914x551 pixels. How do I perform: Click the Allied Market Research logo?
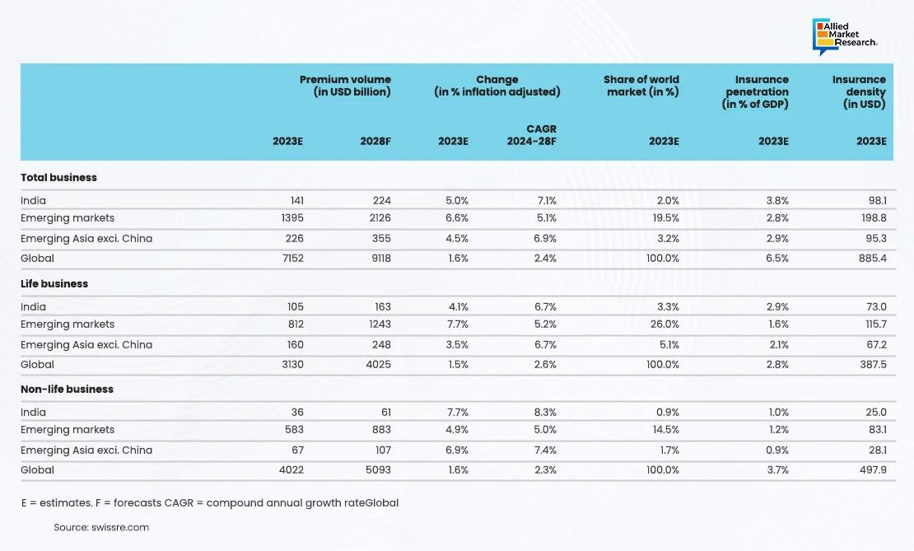coord(844,35)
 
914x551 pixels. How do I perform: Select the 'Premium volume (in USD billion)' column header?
coord(345,86)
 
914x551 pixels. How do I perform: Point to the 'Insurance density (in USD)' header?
coord(859,91)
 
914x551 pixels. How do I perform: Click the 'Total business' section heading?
coord(58,177)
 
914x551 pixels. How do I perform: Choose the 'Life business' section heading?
coord(54,283)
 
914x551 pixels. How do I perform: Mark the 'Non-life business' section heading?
coord(67,389)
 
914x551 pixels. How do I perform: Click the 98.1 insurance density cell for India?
coord(874,200)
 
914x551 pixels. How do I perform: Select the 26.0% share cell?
coord(663,325)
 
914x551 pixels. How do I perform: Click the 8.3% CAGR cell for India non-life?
coord(545,412)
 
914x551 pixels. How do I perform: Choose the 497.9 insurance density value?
coord(870,469)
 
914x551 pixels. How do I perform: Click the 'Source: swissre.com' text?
coord(101,527)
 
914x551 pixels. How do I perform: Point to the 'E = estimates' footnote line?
coord(209,502)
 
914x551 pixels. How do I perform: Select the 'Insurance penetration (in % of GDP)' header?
coord(757,91)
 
